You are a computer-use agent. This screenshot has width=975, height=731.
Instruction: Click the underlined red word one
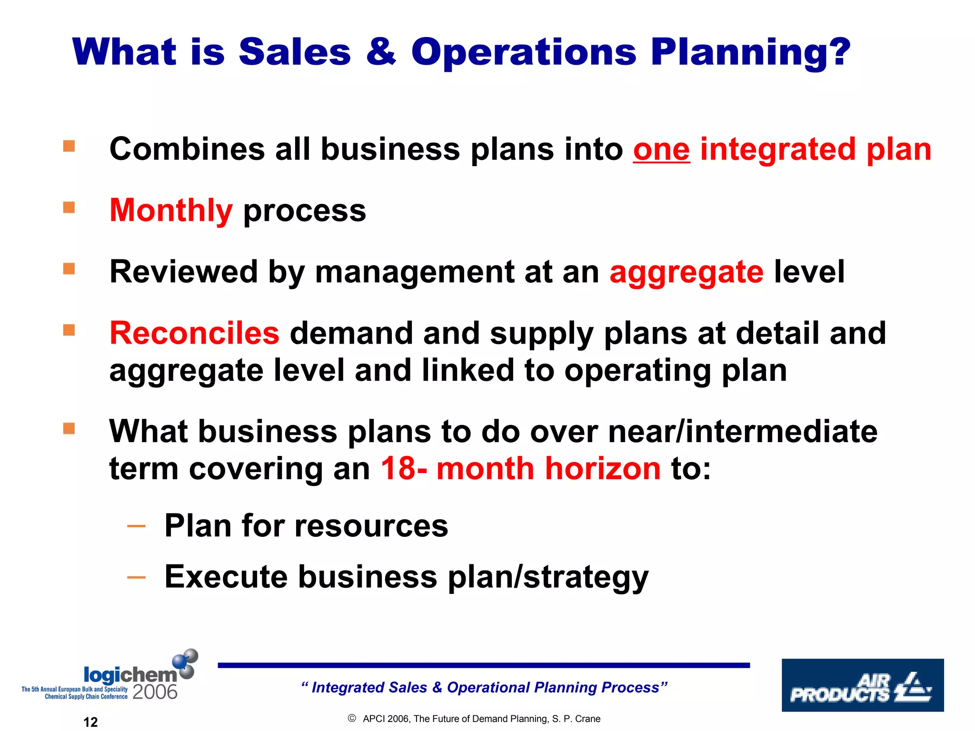[661, 149]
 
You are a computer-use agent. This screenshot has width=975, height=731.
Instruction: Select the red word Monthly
[171, 210]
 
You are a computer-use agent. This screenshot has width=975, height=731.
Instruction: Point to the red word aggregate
[686, 272]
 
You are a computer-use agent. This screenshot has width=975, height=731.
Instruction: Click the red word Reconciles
[194, 333]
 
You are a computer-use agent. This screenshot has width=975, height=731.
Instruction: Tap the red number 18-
[404, 468]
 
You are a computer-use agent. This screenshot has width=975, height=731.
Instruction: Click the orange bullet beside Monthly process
[69, 207]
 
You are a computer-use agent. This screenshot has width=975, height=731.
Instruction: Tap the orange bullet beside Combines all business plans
[69, 146]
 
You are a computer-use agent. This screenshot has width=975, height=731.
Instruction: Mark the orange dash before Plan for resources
[137, 526]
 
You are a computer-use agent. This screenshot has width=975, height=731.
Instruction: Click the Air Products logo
[862, 685]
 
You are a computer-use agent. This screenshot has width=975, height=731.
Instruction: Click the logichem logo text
[129, 674]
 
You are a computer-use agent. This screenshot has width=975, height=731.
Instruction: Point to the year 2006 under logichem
[155, 692]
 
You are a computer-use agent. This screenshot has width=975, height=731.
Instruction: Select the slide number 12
[90, 722]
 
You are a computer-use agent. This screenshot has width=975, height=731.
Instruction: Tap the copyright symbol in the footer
[352, 718]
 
